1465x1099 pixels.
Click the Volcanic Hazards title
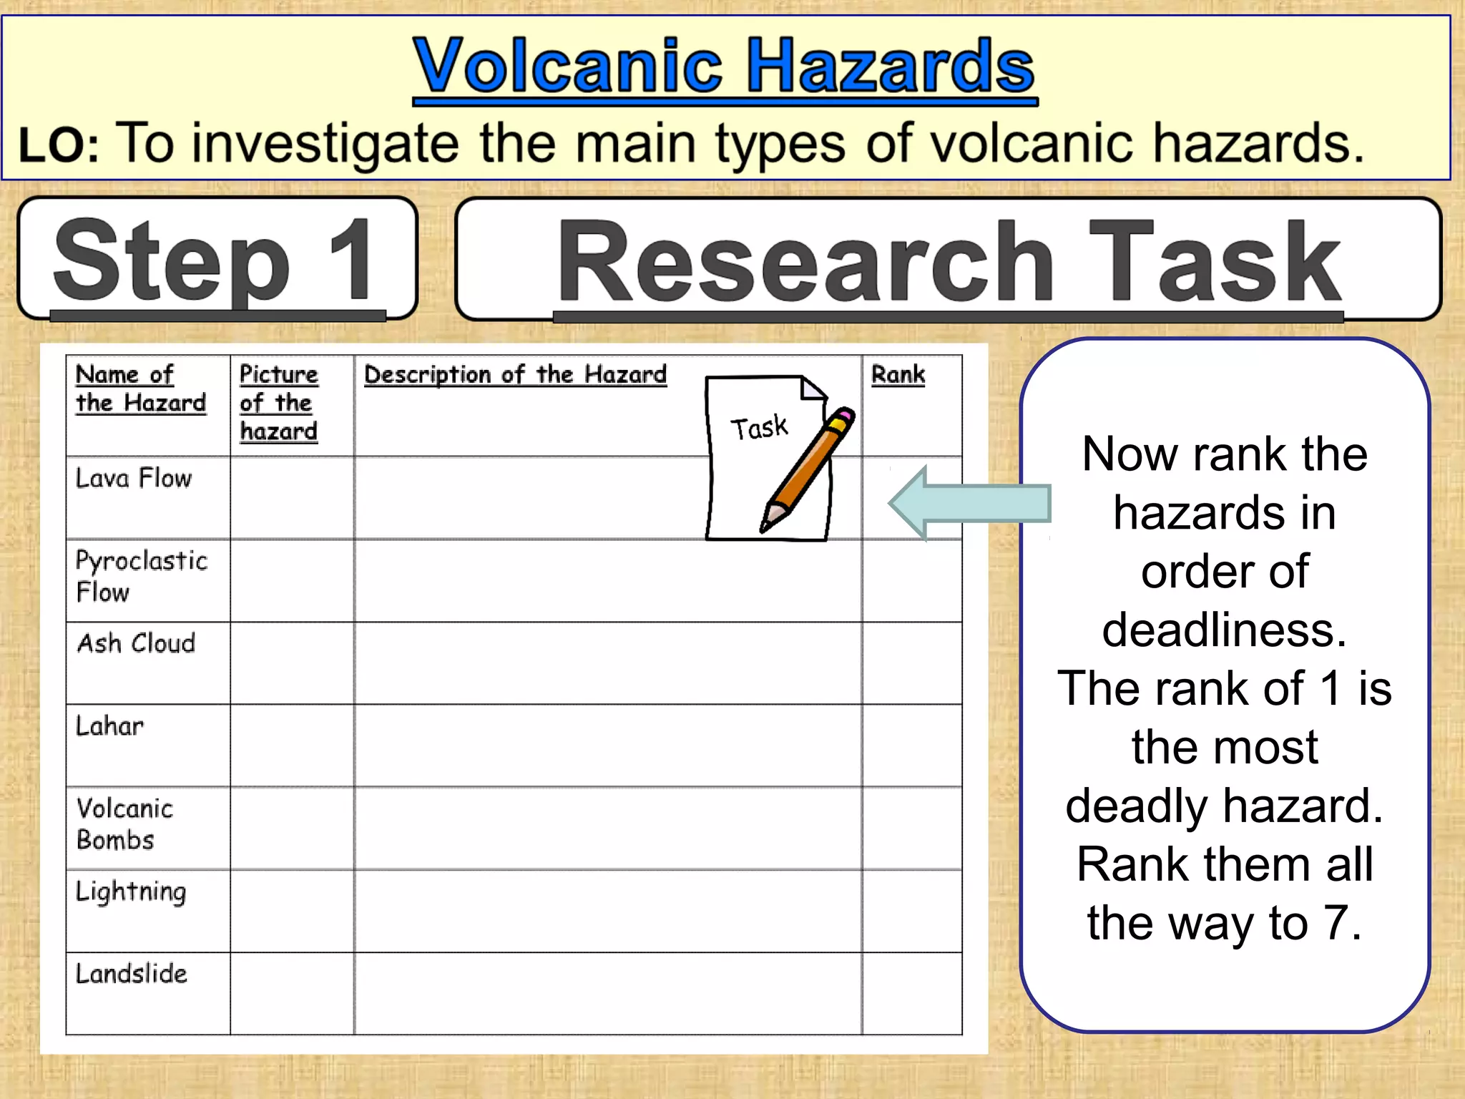pos(724,67)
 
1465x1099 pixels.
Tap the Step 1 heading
pos(215,260)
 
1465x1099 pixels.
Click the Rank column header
pos(898,374)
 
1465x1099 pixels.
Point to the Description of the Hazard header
pos(515,374)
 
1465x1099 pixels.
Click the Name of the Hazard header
pos(140,389)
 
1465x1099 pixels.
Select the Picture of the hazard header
pos(278,403)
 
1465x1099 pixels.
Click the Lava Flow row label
pos(134,478)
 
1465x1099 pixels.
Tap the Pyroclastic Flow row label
pos(141,576)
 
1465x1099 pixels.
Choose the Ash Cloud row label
pos(136,643)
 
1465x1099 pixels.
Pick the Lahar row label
pos(109,726)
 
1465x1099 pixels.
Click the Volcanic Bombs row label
pos(124,824)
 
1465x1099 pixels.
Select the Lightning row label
pos(131,892)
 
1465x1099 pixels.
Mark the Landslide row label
pos(132,974)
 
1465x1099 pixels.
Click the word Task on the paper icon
pos(759,427)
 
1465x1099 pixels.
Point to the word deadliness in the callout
pos(1224,630)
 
